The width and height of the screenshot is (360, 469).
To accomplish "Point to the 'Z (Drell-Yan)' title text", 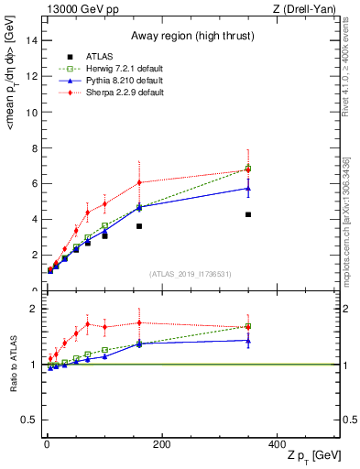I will tap(309, 9).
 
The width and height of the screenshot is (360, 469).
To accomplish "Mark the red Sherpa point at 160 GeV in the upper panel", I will tap(139, 182).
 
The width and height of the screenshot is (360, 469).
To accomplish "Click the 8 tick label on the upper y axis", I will tap(34, 147).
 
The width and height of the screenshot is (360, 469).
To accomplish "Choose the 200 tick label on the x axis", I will tap(162, 444).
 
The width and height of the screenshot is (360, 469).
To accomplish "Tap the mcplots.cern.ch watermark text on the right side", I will tap(351, 220).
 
